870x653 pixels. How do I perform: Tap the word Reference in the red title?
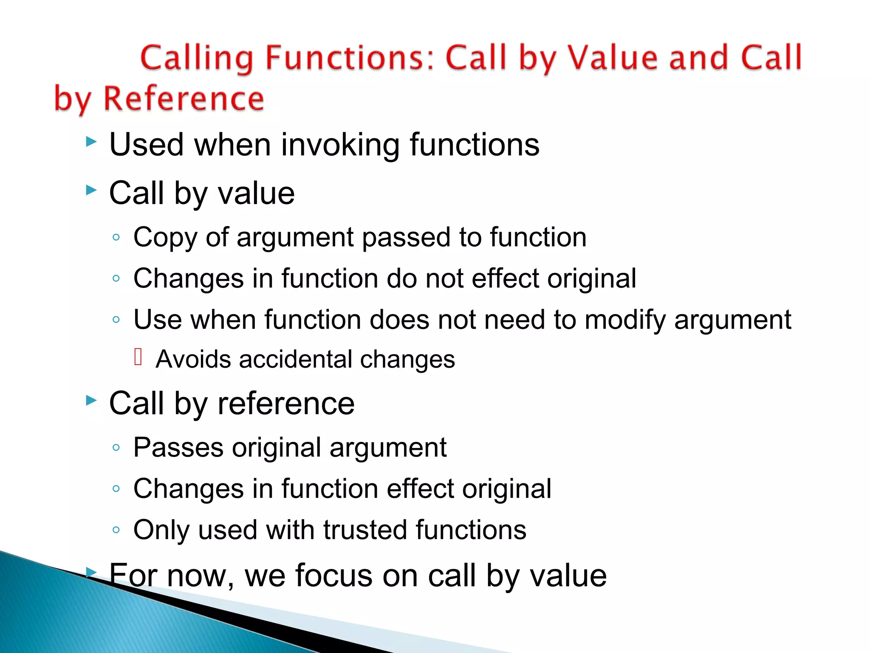coord(184,99)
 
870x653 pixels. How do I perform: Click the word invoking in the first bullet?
coord(340,145)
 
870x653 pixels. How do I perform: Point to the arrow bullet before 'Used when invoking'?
coord(91,142)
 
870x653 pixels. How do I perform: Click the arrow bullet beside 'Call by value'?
coord(91,190)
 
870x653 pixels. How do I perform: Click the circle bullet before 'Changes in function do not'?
coord(116,278)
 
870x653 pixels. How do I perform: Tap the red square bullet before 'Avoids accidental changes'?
coord(138,357)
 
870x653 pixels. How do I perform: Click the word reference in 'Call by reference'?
coord(286,403)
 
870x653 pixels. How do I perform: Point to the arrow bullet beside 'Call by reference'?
coord(91,400)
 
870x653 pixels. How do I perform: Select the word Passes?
coord(178,447)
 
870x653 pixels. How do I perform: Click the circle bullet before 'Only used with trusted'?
coord(116,530)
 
